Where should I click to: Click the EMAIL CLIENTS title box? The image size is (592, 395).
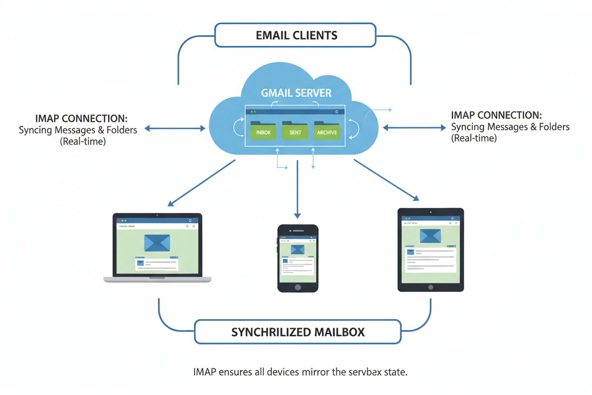(x=296, y=35)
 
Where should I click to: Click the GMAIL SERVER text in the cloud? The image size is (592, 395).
(x=296, y=93)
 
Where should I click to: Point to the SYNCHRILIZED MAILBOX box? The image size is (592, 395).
(x=297, y=331)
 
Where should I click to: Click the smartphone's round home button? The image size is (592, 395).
(x=298, y=287)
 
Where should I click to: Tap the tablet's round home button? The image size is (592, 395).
(x=430, y=287)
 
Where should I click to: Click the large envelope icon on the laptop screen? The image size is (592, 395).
(x=157, y=243)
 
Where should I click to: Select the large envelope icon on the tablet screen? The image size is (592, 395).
(x=430, y=235)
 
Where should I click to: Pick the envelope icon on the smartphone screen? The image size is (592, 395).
(x=297, y=249)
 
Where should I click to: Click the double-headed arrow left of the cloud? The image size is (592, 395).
(x=175, y=128)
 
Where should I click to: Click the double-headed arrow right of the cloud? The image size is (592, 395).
(x=414, y=127)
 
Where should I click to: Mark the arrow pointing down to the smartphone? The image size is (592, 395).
(x=297, y=190)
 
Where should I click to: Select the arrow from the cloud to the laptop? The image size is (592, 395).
(x=202, y=183)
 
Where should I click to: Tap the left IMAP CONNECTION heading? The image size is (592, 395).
(x=81, y=118)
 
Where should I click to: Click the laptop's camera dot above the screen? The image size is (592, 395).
(x=157, y=216)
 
